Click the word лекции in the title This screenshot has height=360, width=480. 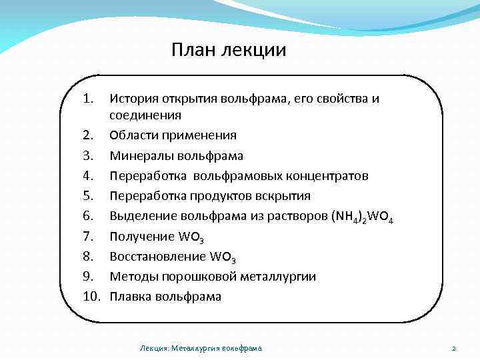[x=256, y=51]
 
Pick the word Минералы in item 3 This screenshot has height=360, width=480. [x=139, y=155]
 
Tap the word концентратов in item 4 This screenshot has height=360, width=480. [x=329, y=176]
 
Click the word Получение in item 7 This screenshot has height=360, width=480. [x=139, y=236]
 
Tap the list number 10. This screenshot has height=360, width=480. [x=91, y=296]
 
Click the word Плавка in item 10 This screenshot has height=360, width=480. [x=131, y=296]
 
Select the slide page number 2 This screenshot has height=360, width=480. [x=453, y=348]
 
